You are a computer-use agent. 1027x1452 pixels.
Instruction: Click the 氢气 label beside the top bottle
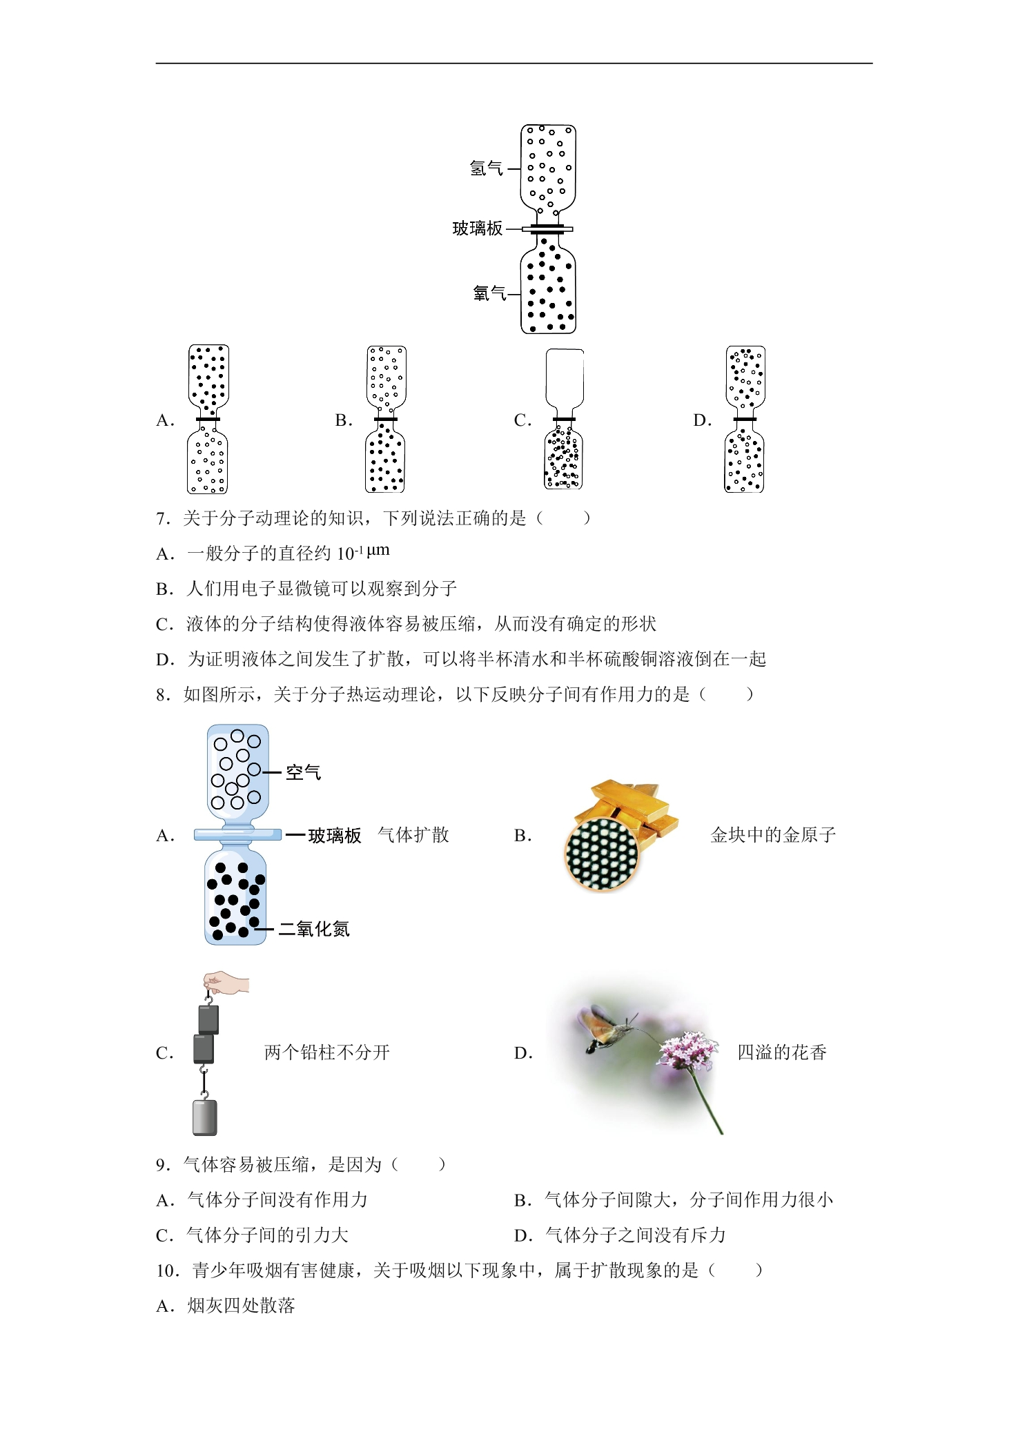click(x=487, y=168)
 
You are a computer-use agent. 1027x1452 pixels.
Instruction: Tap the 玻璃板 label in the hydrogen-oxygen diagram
click(x=478, y=228)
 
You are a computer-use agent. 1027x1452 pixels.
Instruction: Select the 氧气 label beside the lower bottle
click(x=490, y=294)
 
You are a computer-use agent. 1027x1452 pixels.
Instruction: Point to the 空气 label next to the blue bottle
click(x=304, y=772)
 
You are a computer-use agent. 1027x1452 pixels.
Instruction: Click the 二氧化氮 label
click(x=314, y=929)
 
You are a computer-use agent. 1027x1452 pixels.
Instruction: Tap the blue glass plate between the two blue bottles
click(x=237, y=834)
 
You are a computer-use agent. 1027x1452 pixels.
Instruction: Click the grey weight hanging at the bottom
click(x=205, y=1117)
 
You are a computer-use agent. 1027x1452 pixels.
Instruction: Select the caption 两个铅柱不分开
click(x=327, y=1052)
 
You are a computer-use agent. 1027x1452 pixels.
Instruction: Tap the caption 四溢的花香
click(x=782, y=1052)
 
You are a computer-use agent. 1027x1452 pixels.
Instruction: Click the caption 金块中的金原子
click(x=773, y=835)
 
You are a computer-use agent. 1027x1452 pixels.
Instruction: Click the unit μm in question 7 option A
click(x=378, y=551)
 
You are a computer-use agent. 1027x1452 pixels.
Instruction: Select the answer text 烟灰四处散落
click(x=241, y=1306)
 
